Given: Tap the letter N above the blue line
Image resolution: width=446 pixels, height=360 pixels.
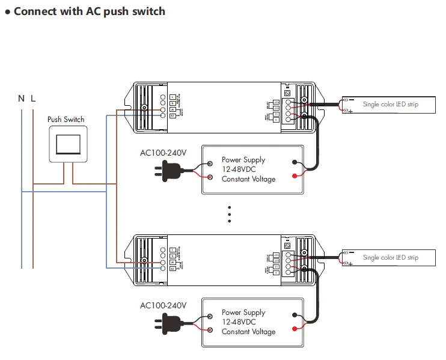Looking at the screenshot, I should tap(21, 98).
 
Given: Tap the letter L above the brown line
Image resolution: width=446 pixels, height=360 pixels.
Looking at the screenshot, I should tap(33, 98).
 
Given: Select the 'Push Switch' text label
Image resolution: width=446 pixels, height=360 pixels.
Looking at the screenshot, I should tap(66, 120).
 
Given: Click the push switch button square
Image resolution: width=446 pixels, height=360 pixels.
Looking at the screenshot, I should tap(66, 144).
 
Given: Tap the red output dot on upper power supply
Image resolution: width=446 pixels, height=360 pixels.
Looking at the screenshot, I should tap(295, 176).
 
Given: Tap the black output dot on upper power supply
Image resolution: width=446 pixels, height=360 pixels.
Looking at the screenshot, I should tap(295, 162).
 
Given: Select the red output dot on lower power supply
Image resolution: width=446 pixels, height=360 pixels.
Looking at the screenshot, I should tap(295, 329).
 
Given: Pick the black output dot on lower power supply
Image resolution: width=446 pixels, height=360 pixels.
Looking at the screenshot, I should tap(295, 315).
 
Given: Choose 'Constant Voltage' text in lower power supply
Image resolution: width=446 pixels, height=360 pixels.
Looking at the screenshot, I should tap(248, 332).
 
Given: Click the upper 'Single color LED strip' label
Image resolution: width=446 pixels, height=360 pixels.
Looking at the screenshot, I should tap(390, 105).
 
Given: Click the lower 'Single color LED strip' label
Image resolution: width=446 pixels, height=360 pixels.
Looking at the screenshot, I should tap(390, 257).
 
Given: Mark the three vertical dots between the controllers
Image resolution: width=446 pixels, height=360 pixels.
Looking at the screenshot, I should tap(229, 214).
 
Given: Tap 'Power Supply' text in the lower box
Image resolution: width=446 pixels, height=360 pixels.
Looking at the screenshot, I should tap(243, 313).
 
